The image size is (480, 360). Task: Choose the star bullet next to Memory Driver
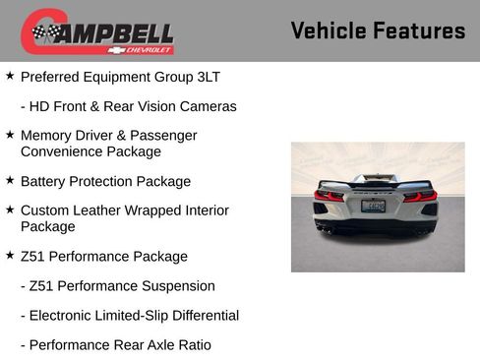[x=10, y=135]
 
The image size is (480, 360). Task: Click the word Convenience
[x=60, y=151]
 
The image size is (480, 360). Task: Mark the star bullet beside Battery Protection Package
[x=10, y=181]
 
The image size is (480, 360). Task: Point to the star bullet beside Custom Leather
[x=10, y=210]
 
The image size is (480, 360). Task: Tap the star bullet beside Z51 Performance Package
[x=10, y=256]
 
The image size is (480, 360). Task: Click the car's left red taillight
[x=330, y=195]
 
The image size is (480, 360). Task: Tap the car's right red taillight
[x=420, y=195]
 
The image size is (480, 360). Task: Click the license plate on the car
[x=374, y=206]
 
